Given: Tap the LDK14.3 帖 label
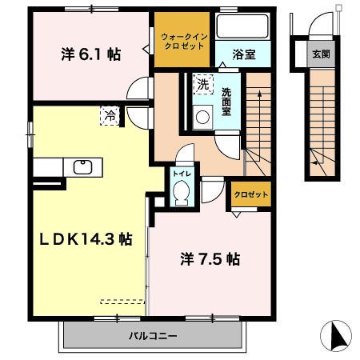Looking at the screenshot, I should pos(81,238).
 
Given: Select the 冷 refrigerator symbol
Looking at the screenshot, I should pos(109,115).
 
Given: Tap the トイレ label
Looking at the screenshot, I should pos(181,171).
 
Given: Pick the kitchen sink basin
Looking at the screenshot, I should pos(82,167).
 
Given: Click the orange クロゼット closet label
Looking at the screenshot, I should pos(250,194).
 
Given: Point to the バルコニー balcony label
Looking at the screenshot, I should pos(154,335).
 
